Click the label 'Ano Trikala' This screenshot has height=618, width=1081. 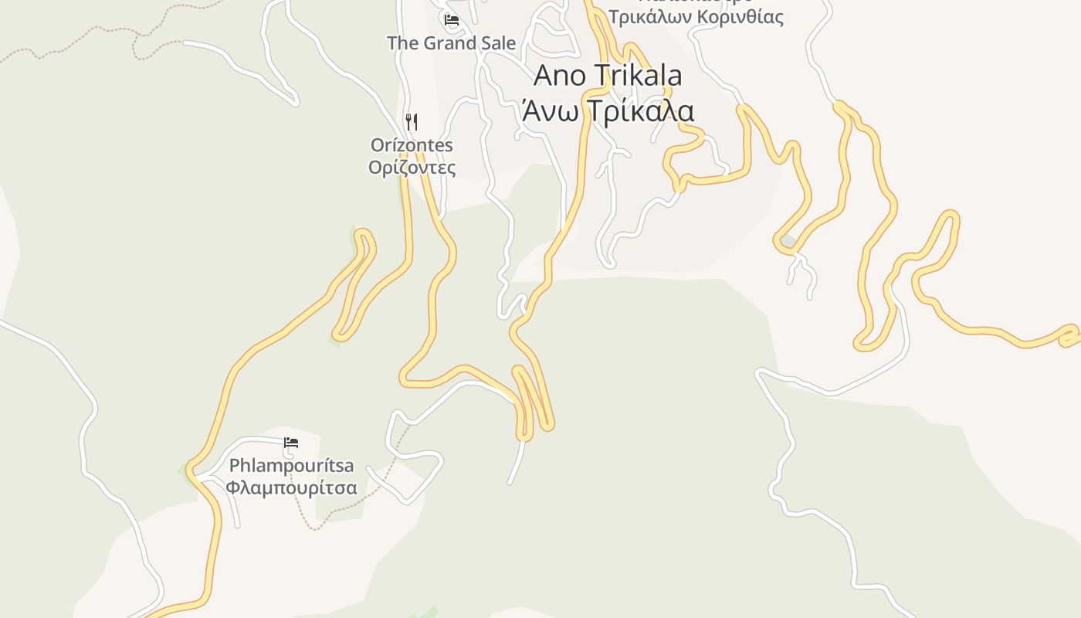pyautogui.click(x=608, y=76)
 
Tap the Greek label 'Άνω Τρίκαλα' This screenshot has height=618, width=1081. pyautogui.click(x=608, y=110)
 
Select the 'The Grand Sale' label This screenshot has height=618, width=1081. pyautogui.click(x=451, y=43)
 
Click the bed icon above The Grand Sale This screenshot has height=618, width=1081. pyautogui.click(x=452, y=19)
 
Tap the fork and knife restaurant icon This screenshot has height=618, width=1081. pyautogui.click(x=412, y=121)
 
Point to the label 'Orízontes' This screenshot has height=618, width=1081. pyautogui.click(x=412, y=145)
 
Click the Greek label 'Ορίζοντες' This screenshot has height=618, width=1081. pyautogui.click(x=412, y=168)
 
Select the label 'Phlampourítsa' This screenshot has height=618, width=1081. pyautogui.click(x=291, y=466)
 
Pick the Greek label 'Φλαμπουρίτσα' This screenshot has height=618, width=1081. pyautogui.click(x=291, y=488)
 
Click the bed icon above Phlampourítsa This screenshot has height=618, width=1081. pyautogui.click(x=291, y=443)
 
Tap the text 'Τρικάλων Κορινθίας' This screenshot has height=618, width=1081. pyautogui.click(x=696, y=17)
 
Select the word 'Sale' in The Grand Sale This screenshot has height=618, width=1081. pyautogui.click(x=499, y=43)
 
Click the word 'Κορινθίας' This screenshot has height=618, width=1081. pyautogui.click(x=739, y=17)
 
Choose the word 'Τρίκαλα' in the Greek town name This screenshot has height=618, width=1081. pyautogui.click(x=640, y=110)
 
